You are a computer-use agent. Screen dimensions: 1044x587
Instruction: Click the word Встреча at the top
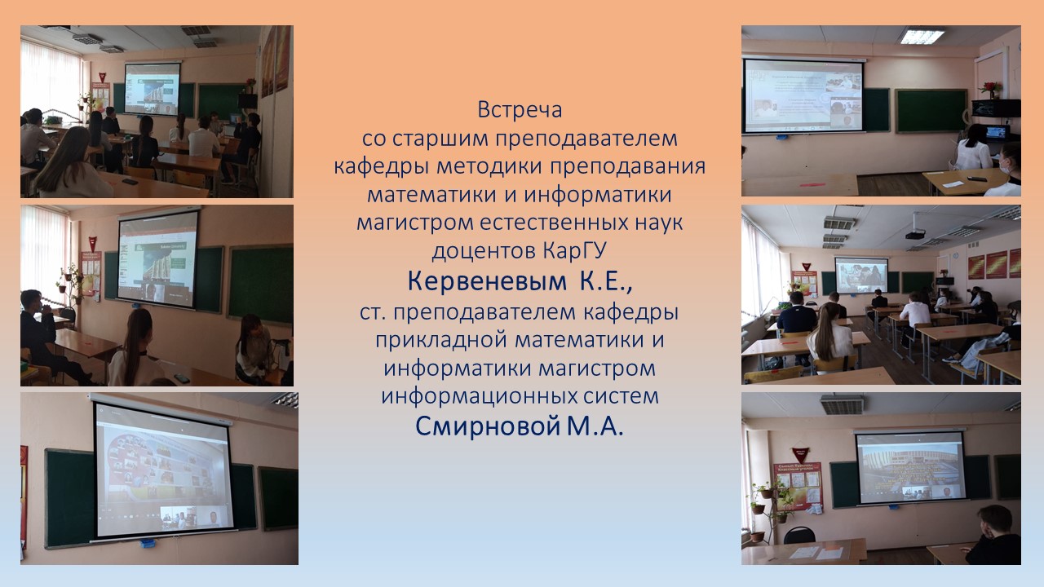(x=520, y=110)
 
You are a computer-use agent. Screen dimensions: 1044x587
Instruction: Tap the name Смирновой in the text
(x=488, y=426)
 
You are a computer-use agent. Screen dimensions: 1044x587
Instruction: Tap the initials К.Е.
(x=606, y=281)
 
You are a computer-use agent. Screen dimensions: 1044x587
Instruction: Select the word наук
(x=658, y=223)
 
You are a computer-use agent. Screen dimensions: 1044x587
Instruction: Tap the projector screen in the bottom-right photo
(x=910, y=466)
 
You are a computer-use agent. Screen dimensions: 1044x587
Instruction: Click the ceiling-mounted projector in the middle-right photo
(x=915, y=234)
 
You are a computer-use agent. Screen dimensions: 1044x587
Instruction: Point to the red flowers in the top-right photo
(x=990, y=88)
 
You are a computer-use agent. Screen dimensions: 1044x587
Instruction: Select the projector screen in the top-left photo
(x=152, y=89)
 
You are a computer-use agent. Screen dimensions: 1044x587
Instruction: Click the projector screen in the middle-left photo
(x=158, y=258)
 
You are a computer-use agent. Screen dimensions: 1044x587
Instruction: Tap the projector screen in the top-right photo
(x=803, y=95)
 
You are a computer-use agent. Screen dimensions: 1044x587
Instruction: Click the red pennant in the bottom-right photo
(x=801, y=455)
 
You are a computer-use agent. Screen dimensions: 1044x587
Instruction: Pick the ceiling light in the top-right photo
(x=922, y=37)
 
